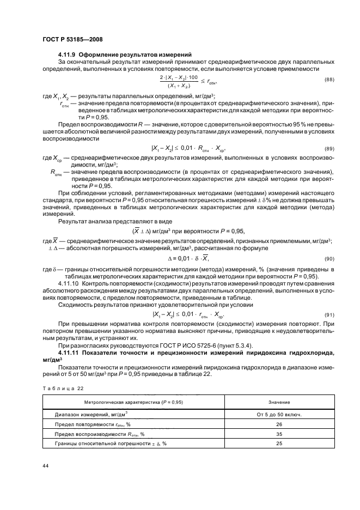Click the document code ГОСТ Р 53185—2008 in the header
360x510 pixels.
coord(74,39)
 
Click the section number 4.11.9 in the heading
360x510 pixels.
coord(68,55)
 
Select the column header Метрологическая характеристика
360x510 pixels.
coord(130,402)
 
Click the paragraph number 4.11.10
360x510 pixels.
coord(69,283)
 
